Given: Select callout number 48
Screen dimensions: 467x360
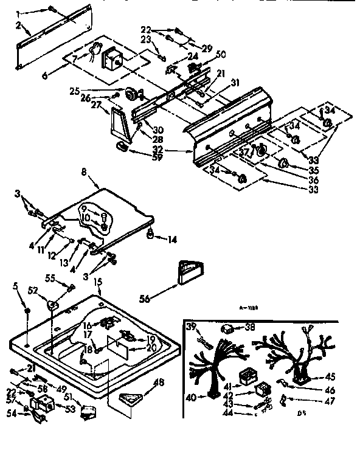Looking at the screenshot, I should point(159,382).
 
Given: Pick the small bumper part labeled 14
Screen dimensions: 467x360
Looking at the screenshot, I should point(150,234).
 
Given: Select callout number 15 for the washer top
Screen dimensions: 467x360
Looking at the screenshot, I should point(98,283).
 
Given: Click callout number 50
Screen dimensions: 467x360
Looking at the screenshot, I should point(220,54).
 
